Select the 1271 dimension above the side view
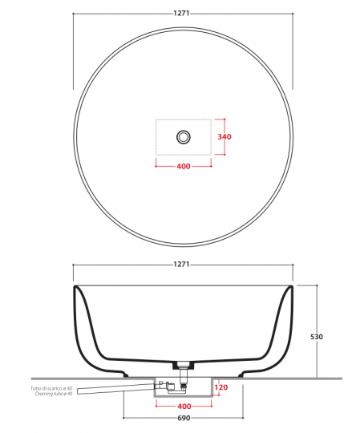click(x=183, y=265)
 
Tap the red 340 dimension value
click(x=225, y=137)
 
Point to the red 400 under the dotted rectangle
click(x=183, y=167)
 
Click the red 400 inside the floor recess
click(x=183, y=407)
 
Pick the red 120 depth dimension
click(x=224, y=387)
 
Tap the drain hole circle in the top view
click(x=183, y=137)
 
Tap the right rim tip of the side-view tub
click(x=290, y=287)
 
